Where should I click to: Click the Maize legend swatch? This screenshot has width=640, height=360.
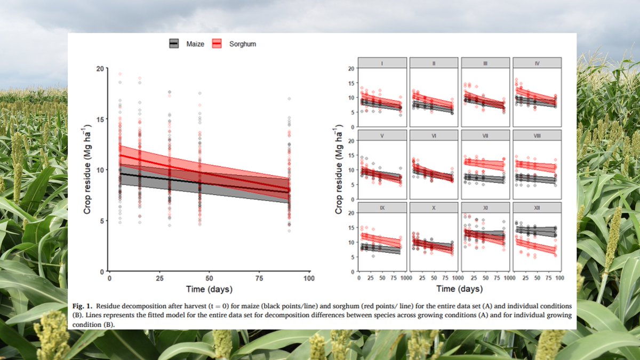(x=174, y=44)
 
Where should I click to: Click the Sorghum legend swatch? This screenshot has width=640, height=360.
(x=217, y=44)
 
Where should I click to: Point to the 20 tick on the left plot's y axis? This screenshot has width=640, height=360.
(x=100, y=68)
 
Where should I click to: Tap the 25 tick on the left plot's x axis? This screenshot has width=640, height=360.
(x=159, y=278)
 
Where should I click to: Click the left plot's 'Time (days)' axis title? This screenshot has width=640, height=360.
(x=209, y=290)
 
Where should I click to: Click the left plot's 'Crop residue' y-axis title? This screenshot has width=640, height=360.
(x=87, y=170)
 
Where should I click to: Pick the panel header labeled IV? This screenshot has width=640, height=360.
(x=537, y=63)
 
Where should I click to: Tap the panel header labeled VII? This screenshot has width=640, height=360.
(x=485, y=135)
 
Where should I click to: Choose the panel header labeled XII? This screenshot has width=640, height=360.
(x=537, y=207)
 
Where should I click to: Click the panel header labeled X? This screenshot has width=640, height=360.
(x=434, y=207)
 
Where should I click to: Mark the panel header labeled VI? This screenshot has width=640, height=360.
(x=434, y=135)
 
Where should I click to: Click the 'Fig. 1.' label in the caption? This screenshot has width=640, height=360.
(x=82, y=307)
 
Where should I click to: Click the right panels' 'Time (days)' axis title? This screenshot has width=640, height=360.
(x=459, y=290)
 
